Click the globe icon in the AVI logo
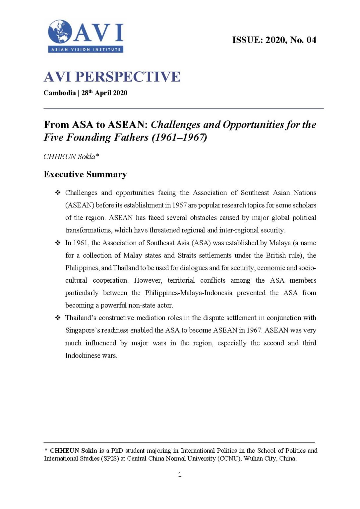60,32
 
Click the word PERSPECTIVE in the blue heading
128,77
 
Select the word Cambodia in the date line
60,93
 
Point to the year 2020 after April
120,93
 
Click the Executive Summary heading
85,175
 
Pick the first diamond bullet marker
58,193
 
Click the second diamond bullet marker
58,243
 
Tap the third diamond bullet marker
58,318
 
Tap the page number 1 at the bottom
180,475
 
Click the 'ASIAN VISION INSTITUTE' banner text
86,49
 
